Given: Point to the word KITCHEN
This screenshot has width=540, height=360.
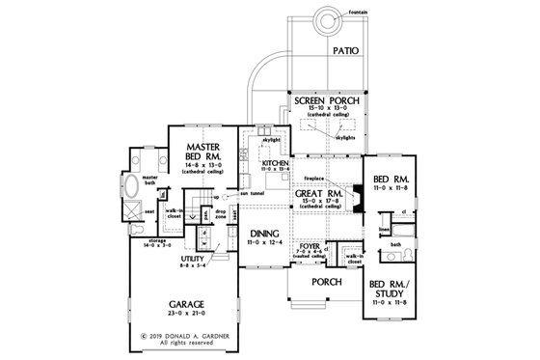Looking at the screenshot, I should [x=275, y=164].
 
